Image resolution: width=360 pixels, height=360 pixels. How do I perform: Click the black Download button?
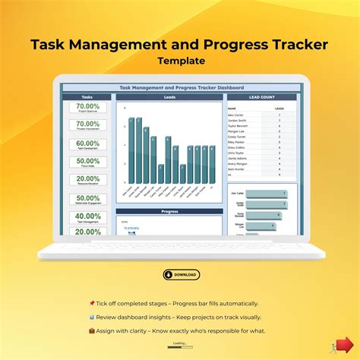(x=181, y=274)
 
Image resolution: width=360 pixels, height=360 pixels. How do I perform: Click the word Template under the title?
(x=179, y=60)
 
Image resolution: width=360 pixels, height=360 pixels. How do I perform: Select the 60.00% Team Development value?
(x=88, y=144)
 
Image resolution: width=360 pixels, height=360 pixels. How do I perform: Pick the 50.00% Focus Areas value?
(x=88, y=161)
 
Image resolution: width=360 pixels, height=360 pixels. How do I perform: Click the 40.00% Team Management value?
(x=88, y=216)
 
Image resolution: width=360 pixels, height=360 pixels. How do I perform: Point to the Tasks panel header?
(x=88, y=97)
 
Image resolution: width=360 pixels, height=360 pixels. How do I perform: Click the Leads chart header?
(x=169, y=97)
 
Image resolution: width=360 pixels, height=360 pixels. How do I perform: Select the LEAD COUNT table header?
(x=262, y=97)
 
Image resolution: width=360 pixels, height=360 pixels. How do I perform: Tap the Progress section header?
(x=169, y=212)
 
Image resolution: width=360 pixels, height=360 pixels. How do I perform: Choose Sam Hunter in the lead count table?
(x=237, y=169)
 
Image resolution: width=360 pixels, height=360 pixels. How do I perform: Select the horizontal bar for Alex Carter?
(x=267, y=194)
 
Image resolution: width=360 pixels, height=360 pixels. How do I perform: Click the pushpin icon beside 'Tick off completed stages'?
(x=92, y=303)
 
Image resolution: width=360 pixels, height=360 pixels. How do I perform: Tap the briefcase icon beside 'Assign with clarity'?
(x=92, y=330)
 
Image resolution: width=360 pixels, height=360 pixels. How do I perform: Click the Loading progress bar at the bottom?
(x=180, y=348)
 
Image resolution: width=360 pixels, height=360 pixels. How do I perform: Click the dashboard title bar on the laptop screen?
(x=181, y=88)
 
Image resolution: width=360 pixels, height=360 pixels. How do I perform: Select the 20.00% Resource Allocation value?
(x=88, y=179)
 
